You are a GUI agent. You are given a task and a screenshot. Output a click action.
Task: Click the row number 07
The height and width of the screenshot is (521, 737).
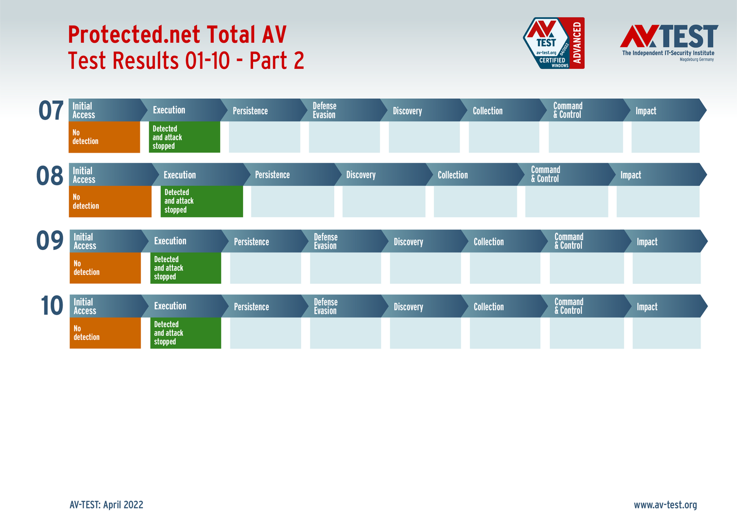pos(51,110)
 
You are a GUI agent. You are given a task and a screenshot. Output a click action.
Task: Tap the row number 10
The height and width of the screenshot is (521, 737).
pos(52,306)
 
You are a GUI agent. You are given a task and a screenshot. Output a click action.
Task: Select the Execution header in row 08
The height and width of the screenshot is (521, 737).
pos(180,175)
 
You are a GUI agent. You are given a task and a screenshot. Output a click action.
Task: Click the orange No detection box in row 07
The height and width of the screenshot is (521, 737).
pos(104,137)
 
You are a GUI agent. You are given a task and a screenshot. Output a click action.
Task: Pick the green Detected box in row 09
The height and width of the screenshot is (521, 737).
pos(185,268)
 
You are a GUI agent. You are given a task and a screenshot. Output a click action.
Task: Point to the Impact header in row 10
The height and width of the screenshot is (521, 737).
pos(647,307)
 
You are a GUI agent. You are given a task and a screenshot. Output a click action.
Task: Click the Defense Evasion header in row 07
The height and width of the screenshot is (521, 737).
pos(325,110)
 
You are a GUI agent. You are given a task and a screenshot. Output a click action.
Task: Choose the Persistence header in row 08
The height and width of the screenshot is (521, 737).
pos(272,175)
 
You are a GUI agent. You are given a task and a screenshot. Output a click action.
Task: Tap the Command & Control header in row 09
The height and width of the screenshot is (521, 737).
pos(568,241)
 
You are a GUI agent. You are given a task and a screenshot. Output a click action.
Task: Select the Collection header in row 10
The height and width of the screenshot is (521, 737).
pos(488,307)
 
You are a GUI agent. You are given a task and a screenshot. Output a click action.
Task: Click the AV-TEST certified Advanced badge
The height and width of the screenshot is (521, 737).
pos(553,43)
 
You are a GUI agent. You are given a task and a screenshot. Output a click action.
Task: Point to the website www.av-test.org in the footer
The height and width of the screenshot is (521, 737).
pos(665,505)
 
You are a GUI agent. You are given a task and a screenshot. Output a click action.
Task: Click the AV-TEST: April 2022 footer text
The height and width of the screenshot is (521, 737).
pos(107,505)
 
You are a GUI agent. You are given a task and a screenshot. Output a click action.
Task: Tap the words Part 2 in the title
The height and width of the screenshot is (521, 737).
pos(277,61)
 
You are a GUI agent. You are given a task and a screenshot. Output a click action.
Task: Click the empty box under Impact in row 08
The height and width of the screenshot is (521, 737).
pos(657,201)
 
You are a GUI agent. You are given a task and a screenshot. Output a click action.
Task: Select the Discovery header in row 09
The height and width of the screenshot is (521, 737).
pos(408,242)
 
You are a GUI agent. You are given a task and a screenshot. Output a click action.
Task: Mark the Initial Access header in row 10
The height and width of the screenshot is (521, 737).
pos(85,306)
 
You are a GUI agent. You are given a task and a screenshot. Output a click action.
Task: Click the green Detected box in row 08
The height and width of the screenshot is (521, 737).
pos(201,201)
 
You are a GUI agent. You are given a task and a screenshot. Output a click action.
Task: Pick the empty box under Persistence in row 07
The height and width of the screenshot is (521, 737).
pos(264,137)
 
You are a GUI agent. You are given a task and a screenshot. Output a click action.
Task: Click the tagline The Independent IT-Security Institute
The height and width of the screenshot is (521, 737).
pos(668,53)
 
